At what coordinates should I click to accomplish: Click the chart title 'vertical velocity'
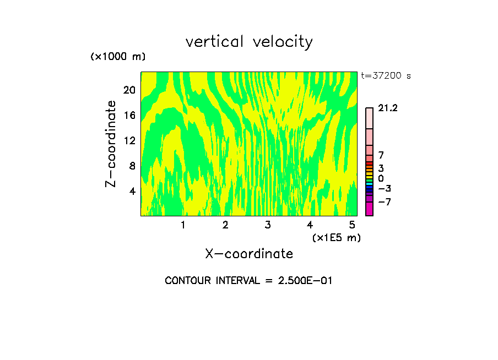(x=249, y=42)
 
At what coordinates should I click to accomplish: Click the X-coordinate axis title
(x=249, y=254)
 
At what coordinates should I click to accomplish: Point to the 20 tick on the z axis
(x=129, y=90)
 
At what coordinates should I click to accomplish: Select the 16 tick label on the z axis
(x=129, y=115)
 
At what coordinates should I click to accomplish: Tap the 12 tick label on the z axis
(x=129, y=140)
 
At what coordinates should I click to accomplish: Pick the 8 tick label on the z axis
(x=132, y=166)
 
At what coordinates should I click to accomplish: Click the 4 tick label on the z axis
(x=132, y=191)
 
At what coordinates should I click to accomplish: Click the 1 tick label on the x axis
(x=183, y=225)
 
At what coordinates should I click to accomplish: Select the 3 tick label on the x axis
(x=268, y=225)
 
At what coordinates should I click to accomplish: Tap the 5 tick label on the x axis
(x=352, y=225)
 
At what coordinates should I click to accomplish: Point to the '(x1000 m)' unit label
(x=117, y=57)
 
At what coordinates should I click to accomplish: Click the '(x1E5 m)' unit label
(x=336, y=237)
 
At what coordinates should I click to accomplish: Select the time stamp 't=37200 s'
(x=386, y=76)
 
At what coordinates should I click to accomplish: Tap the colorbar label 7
(x=381, y=156)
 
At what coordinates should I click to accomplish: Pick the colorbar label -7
(x=384, y=202)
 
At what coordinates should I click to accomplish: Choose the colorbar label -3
(x=384, y=188)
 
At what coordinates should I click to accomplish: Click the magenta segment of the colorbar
(x=369, y=209)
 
